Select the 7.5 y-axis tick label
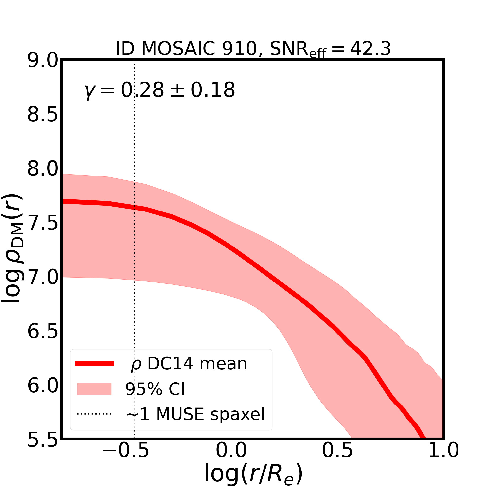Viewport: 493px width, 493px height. [x=43, y=223]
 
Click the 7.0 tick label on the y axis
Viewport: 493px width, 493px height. [x=43, y=277]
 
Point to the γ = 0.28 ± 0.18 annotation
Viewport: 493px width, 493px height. [x=159, y=90]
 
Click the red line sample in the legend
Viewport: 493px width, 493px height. [x=94, y=364]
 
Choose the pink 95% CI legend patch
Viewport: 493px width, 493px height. [x=94, y=389]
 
